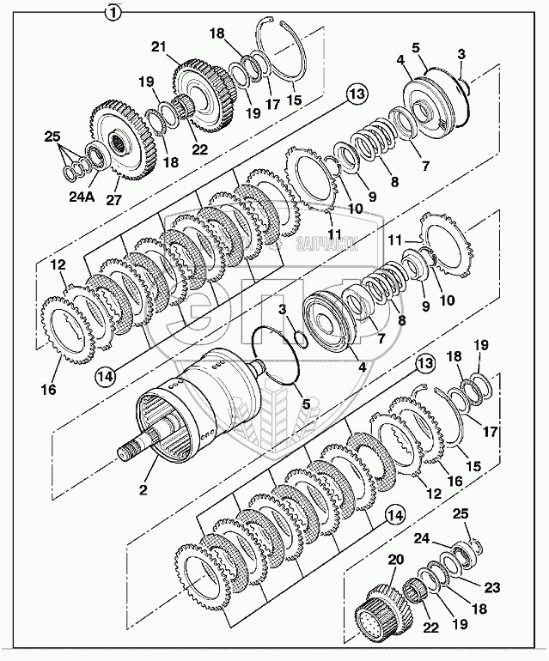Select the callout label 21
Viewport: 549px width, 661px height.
coord(181,47)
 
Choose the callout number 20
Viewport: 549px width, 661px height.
coord(396,560)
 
